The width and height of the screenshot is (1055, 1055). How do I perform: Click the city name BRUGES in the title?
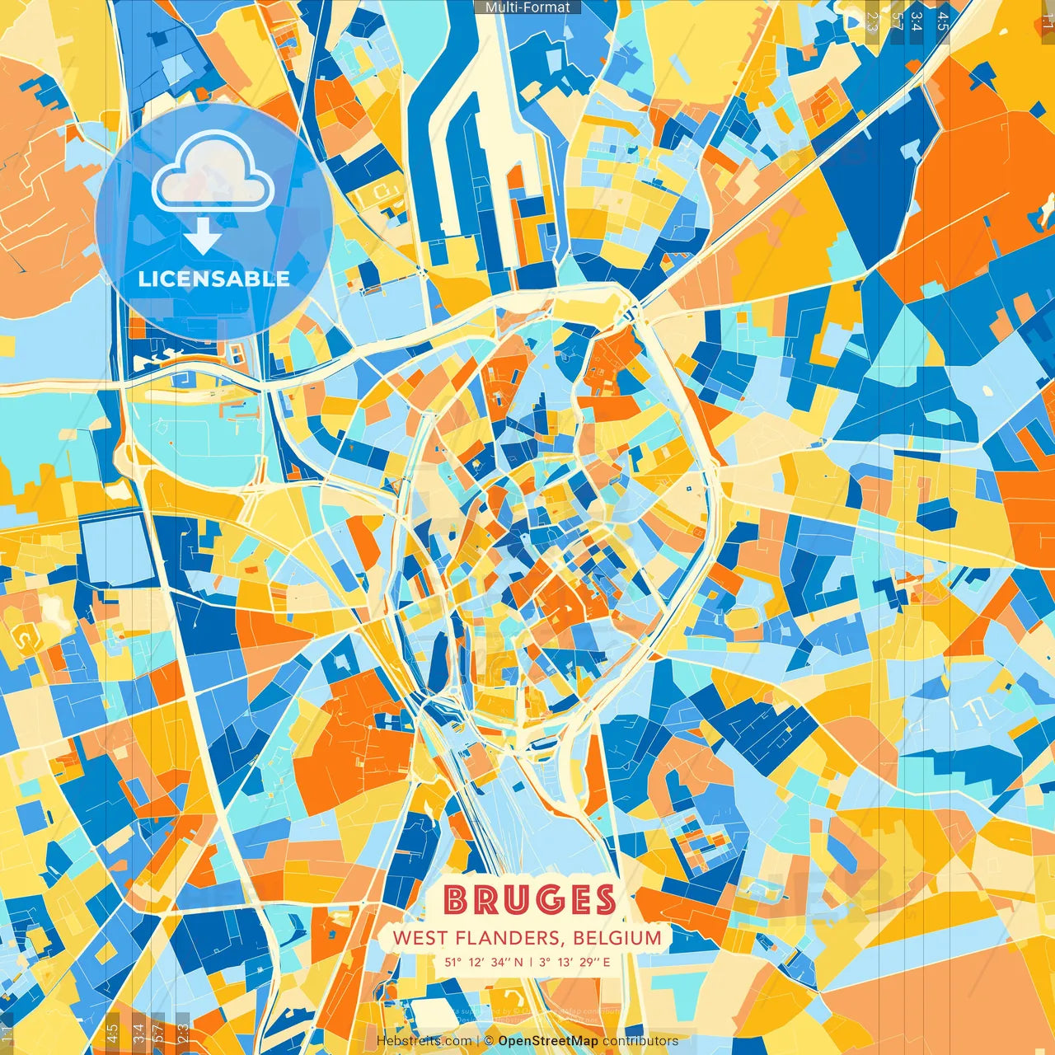click(528, 900)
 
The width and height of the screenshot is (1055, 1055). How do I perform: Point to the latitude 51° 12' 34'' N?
click(484, 962)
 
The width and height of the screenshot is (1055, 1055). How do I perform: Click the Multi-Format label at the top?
click(527, 7)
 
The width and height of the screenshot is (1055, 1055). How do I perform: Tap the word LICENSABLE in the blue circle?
click(213, 279)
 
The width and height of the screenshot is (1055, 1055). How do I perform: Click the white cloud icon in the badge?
click(213, 174)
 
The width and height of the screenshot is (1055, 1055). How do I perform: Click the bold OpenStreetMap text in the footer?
click(548, 1041)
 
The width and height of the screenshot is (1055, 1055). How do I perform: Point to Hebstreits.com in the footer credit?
click(424, 1041)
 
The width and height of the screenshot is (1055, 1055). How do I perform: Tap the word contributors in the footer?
click(640, 1041)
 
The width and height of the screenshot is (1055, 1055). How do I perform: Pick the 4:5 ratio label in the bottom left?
click(112, 1033)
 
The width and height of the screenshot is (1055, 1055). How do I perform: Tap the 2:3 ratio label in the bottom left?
click(183, 1033)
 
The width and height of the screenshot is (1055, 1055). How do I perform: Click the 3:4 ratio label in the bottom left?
click(138, 1033)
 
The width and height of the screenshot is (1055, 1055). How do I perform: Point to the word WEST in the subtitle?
click(420, 938)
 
